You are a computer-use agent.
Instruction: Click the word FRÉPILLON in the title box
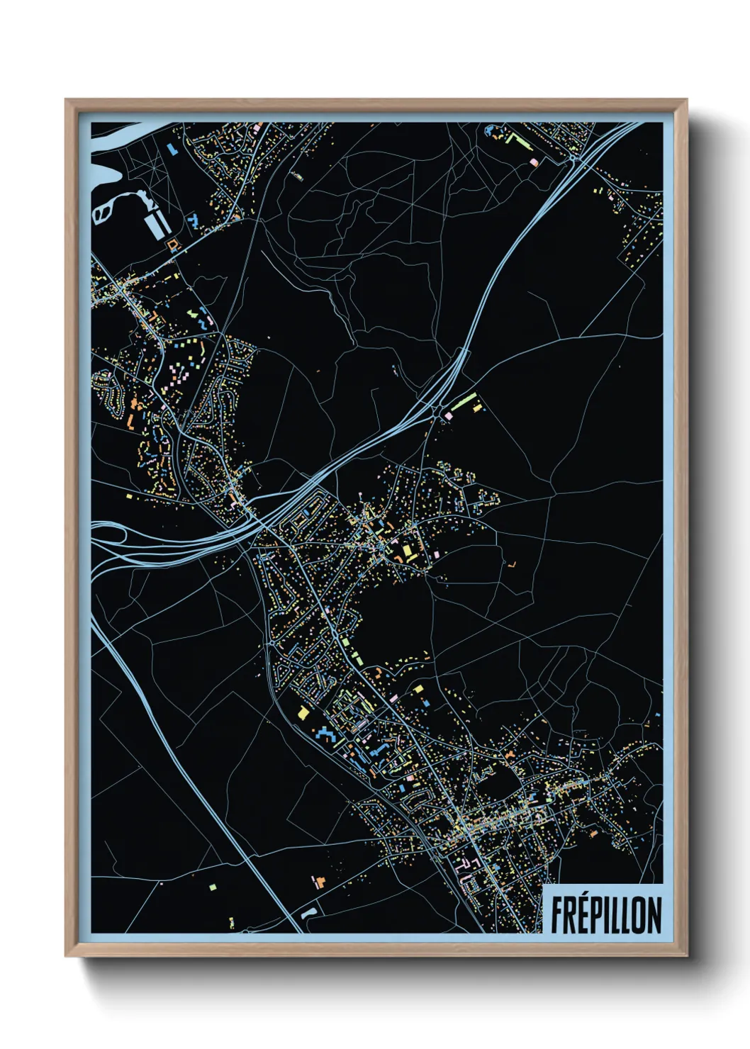(x=606, y=915)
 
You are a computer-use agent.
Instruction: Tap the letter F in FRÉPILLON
(x=557, y=915)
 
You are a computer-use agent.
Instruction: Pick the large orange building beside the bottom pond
(x=318, y=882)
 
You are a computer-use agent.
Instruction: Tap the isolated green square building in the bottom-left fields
(x=212, y=886)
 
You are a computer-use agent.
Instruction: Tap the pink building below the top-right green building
(x=534, y=162)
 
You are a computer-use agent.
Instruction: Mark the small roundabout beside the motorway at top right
(x=573, y=159)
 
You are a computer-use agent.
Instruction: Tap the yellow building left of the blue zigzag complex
(x=303, y=712)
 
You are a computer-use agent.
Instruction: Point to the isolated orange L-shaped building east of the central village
(x=512, y=565)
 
